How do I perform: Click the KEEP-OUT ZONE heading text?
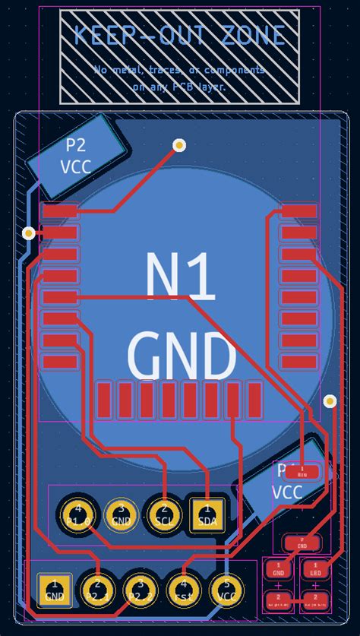point(180,35)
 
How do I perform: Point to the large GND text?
point(181,356)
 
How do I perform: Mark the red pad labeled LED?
point(315,568)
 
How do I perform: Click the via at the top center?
point(179,144)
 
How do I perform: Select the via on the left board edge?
point(29,233)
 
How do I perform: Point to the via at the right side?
point(330,400)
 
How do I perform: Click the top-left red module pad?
point(60,210)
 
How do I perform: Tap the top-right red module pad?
point(298,210)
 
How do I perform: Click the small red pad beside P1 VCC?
point(302,472)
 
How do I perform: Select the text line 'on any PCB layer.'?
point(180,87)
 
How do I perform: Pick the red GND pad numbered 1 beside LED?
point(278,568)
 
